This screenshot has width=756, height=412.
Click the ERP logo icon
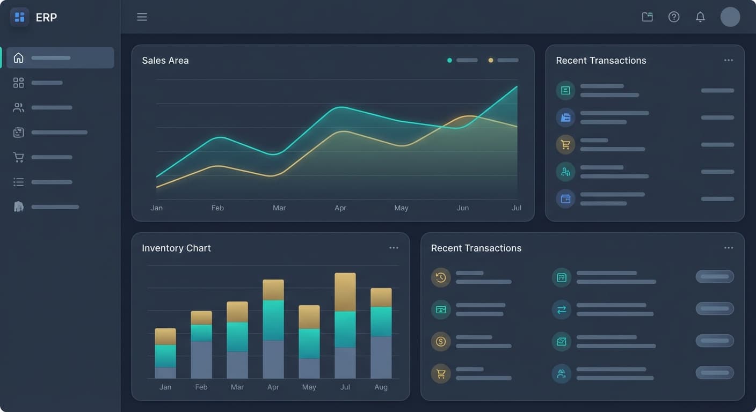click(x=20, y=17)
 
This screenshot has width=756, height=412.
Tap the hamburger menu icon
click(x=142, y=17)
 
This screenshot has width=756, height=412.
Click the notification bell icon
click(x=700, y=17)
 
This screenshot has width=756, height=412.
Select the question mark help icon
click(x=674, y=17)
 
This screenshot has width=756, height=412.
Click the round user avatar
click(x=730, y=17)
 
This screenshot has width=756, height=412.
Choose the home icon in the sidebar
click(x=19, y=58)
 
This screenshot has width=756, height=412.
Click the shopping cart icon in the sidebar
click(x=19, y=157)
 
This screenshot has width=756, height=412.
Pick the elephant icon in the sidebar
click(x=19, y=207)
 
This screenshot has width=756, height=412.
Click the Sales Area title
click(x=165, y=61)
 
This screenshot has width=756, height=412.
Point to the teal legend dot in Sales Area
click(x=449, y=60)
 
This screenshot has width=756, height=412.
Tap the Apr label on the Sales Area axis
click(x=340, y=208)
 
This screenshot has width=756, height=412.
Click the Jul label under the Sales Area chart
click(x=516, y=208)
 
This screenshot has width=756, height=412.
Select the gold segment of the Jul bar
click(x=345, y=292)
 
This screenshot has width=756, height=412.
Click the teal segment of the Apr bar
click(x=273, y=320)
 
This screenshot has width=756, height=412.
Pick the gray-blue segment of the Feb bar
click(x=201, y=359)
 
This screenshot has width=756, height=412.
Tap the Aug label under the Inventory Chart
click(x=381, y=387)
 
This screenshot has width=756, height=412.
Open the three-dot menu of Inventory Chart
click(x=394, y=248)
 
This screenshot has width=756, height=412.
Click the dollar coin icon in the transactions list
click(x=441, y=342)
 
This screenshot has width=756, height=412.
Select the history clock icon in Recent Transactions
click(x=441, y=277)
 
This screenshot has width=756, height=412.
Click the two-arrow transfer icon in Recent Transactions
click(x=562, y=310)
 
